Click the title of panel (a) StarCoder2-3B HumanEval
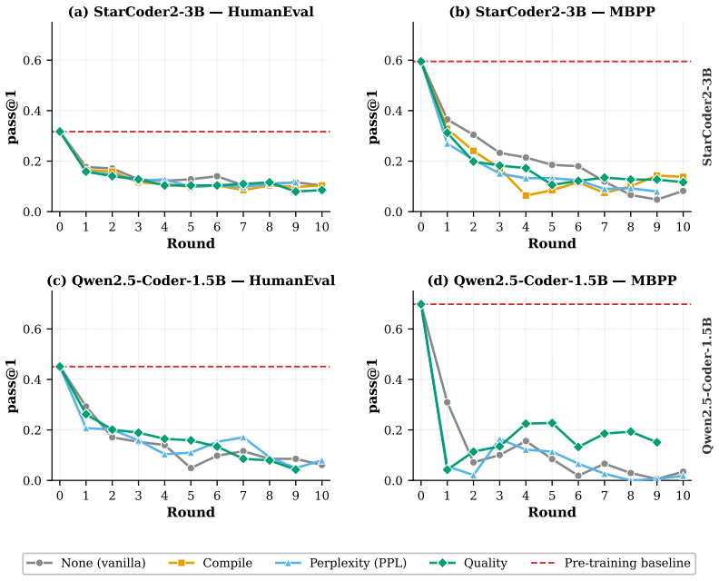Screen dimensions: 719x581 click(191, 12)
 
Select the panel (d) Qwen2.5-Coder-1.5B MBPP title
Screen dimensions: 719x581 click(552, 281)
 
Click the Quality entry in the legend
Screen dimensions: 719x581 click(468, 563)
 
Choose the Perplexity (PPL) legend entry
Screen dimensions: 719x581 click(340, 563)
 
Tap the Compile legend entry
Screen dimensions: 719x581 click(210, 563)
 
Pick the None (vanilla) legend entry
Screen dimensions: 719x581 click(86, 563)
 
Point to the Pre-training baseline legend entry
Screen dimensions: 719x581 click(610, 563)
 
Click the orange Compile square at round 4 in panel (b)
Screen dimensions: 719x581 click(526, 196)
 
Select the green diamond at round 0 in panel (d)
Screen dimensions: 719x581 click(421, 304)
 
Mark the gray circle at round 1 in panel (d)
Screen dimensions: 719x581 click(447, 402)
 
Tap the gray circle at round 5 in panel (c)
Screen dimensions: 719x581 click(191, 468)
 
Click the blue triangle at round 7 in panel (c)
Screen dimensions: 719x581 click(243, 438)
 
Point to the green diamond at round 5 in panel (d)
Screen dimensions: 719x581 click(552, 423)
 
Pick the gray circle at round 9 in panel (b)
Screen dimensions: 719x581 click(657, 200)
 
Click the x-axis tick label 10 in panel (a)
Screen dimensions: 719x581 click(322, 227)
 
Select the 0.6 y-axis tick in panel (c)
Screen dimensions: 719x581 click(31, 330)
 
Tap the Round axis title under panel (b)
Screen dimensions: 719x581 click(552, 243)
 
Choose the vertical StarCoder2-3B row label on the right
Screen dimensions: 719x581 click(707, 116)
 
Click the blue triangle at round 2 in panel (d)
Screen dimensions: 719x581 click(473, 475)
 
